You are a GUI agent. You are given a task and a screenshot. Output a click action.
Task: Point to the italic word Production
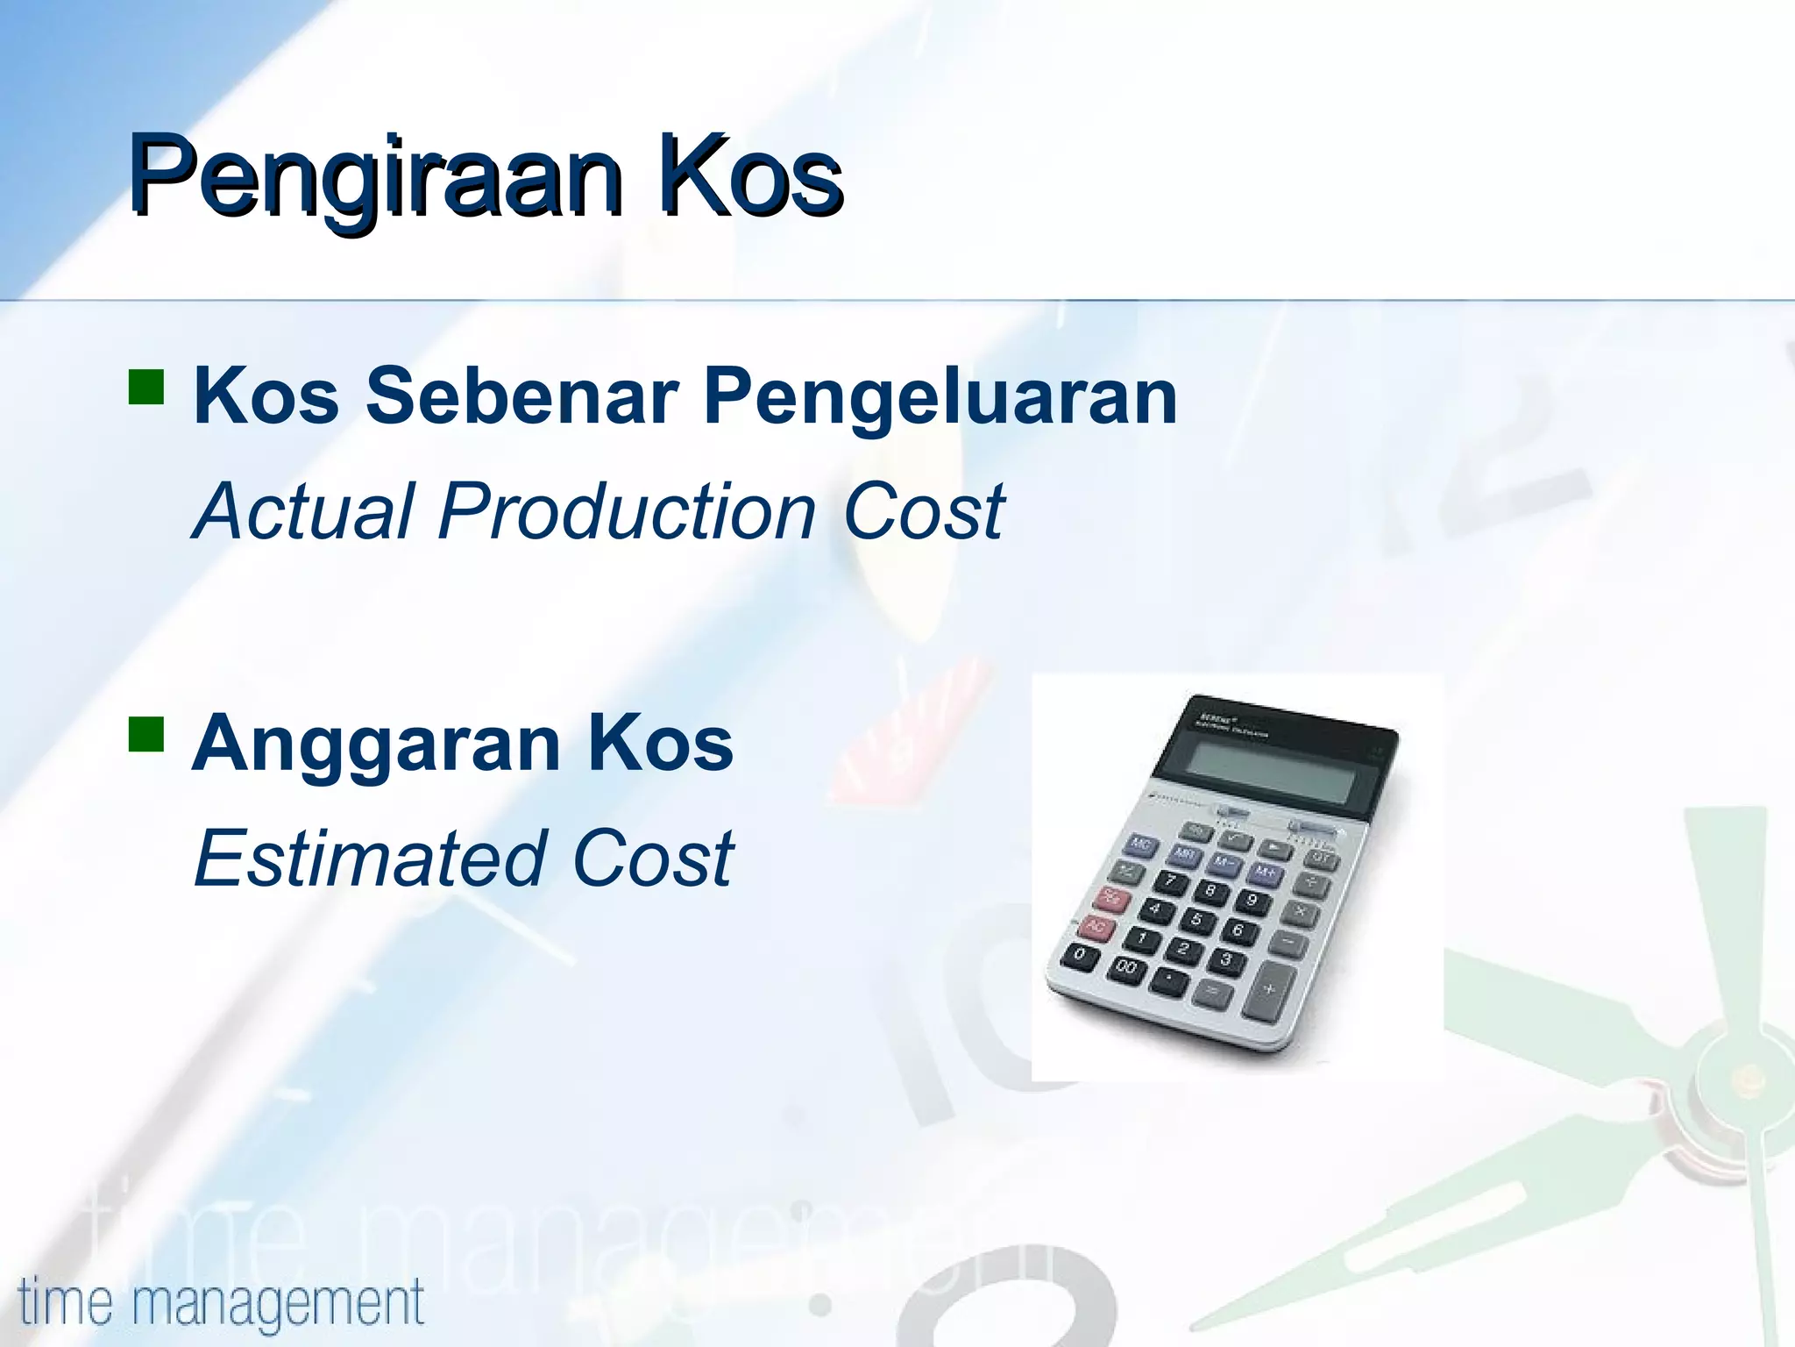[628, 511]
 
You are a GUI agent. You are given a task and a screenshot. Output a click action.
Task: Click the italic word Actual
[303, 511]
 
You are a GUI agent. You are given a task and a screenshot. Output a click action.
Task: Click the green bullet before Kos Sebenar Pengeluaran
[146, 386]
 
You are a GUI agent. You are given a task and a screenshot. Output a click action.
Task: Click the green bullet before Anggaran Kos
[146, 734]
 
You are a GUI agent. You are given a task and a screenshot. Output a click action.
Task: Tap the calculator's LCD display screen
[1271, 770]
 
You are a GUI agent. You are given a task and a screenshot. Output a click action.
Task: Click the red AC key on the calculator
[1096, 926]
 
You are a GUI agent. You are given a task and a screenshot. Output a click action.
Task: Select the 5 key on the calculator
[1195, 920]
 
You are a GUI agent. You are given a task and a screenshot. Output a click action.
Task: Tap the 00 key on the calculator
[1126, 968]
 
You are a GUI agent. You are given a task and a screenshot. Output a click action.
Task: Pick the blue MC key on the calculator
[1140, 845]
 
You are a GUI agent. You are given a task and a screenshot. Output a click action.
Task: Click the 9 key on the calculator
[1252, 901]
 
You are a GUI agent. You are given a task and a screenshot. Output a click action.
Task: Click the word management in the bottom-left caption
[278, 1304]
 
